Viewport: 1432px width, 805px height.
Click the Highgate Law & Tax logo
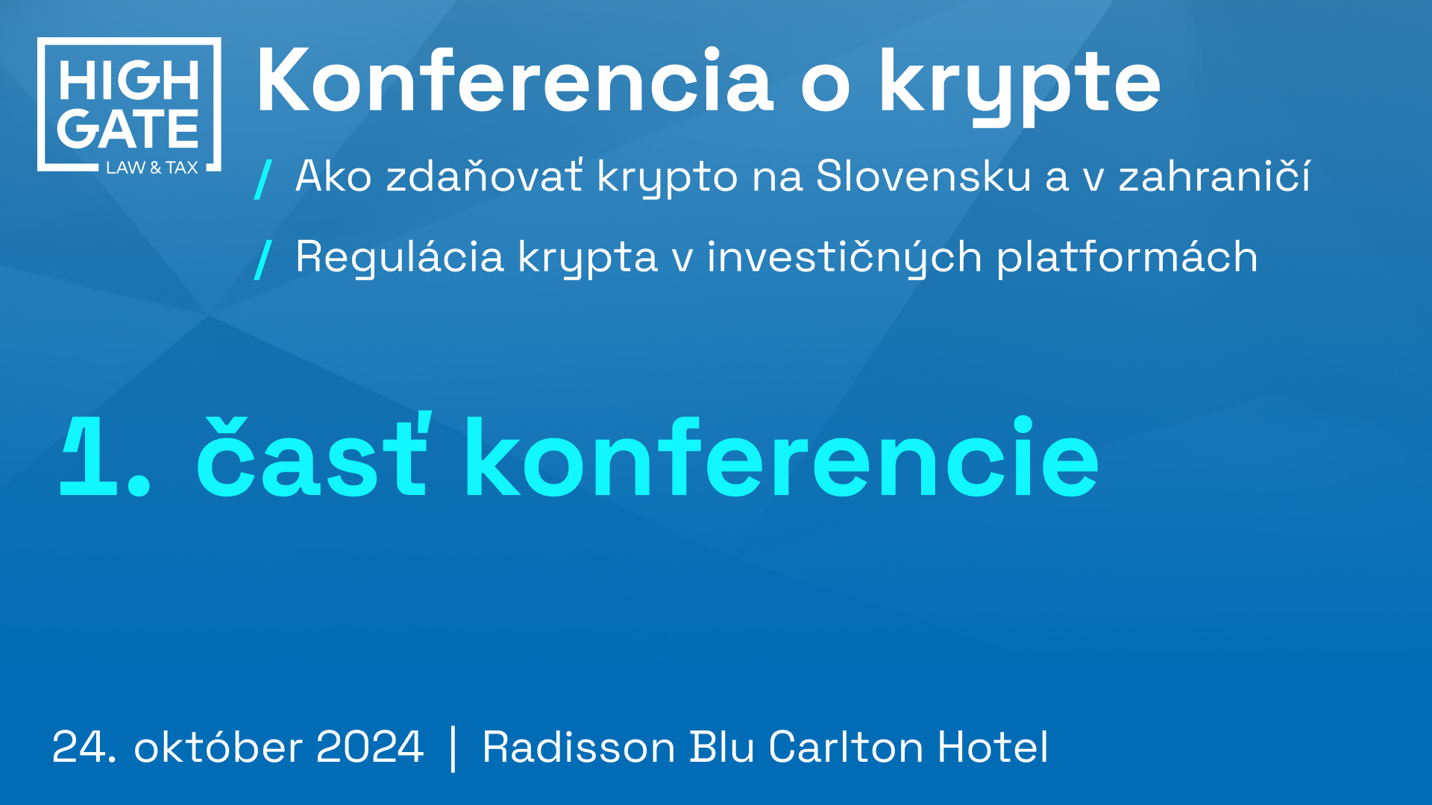point(129,104)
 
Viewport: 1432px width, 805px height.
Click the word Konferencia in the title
point(515,80)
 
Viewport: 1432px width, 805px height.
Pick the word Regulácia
point(400,258)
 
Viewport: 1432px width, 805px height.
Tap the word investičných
point(844,258)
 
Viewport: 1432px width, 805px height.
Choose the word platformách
point(1127,256)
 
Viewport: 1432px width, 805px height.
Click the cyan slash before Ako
point(263,179)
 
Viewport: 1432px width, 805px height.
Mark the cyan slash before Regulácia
point(263,260)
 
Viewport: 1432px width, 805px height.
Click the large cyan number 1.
point(90,456)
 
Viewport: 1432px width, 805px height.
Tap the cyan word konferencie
point(782,456)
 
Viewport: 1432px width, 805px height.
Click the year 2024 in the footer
point(370,747)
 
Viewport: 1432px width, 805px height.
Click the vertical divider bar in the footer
point(453,748)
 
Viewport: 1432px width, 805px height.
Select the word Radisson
point(579,747)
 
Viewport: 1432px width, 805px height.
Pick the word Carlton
point(846,746)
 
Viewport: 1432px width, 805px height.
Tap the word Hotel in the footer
point(993,746)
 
